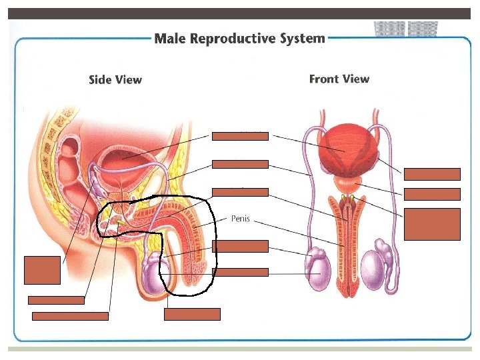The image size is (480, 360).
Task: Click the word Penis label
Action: (x=240, y=218)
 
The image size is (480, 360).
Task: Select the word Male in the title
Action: (x=170, y=38)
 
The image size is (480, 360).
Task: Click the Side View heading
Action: (x=115, y=80)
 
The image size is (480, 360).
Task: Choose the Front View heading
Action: (x=339, y=79)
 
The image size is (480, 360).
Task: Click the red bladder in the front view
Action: (x=345, y=151)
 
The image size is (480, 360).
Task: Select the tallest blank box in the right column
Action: (x=432, y=224)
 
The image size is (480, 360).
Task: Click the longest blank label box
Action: (x=70, y=316)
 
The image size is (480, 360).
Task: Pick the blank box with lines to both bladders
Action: (x=240, y=136)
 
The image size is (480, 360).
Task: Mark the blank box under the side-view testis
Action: (x=192, y=314)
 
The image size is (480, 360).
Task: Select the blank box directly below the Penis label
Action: (x=240, y=246)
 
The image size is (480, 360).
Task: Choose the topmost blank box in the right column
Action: (x=432, y=175)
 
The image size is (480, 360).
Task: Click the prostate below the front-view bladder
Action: (x=345, y=181)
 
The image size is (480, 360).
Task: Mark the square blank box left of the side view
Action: (x=37, y=269)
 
